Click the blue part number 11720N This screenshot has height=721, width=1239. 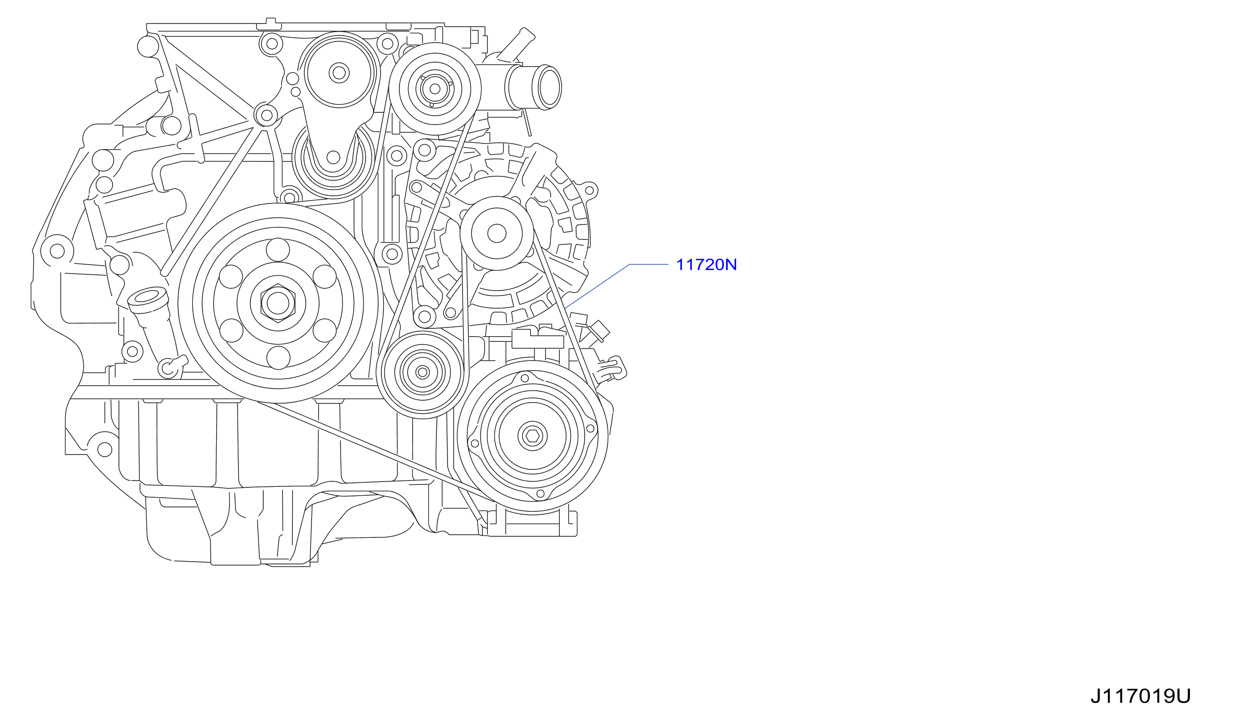[706, 265]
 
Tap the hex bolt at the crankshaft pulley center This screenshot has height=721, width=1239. [278, 303]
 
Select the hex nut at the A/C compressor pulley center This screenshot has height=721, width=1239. [533, 436]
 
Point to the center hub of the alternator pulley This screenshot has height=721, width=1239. [497, 234]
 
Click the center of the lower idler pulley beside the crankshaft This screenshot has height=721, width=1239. [422, 372]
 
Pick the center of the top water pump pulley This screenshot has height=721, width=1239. [435, 89]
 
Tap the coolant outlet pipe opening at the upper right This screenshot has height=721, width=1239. [549, 87]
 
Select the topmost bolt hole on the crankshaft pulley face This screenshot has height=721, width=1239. [278, 250]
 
